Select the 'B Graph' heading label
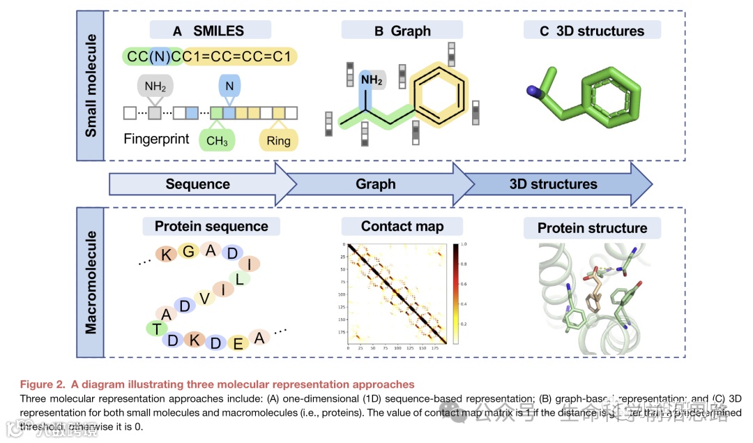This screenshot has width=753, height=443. tap(402, 30)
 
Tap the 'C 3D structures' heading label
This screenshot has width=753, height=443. tap(592, 30)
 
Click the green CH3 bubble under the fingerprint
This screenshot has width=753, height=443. tap(217, 141)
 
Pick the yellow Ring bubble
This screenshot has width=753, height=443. tap(278, 141)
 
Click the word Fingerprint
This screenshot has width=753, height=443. tap(156, 138)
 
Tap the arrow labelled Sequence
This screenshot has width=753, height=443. tap(199, 184)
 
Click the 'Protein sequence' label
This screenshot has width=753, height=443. tap(211, 226)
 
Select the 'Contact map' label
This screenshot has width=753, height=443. tap(402, 226)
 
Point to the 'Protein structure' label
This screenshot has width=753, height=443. tap(592, 228)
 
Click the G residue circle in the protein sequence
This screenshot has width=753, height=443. tap(188, 250)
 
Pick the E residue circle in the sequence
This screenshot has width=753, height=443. tap(238, 342)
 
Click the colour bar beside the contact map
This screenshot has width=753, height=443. tap(455, 294)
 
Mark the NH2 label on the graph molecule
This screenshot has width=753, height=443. tap(372, 81)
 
